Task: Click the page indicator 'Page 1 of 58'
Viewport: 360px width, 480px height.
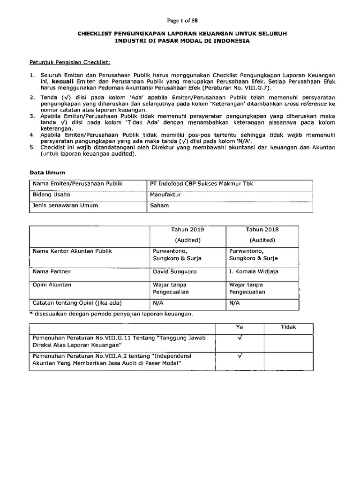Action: [180, 20]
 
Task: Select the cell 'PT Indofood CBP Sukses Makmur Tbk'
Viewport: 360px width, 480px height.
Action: [201, 183]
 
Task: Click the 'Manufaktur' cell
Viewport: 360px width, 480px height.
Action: [165, 194]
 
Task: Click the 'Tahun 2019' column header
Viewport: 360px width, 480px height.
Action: [188, 230]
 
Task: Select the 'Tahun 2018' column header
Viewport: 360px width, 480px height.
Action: [262, 230]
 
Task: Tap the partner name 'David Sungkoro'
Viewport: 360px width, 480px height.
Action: [174, 271]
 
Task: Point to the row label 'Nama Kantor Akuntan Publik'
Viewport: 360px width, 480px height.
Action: [72, 251]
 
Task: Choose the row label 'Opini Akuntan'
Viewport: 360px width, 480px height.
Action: [52, 285]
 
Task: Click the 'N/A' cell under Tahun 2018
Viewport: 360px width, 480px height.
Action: [234, 302]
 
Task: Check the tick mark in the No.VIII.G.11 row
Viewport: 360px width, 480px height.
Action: [239, 338]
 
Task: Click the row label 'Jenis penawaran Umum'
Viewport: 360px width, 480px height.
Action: [66, 205]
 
